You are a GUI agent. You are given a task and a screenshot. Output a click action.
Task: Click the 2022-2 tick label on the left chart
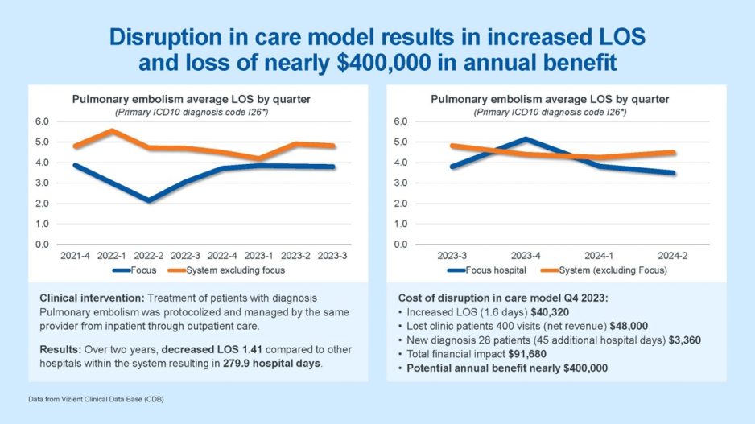[148, 256]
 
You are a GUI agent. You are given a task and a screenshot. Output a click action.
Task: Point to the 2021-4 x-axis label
[75, 256]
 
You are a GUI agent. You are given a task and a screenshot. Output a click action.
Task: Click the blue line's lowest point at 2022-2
[148, 200]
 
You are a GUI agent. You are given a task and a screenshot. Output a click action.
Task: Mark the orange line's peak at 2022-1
[112, 130]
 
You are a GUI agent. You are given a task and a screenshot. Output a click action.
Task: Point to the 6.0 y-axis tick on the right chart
[402, 121]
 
